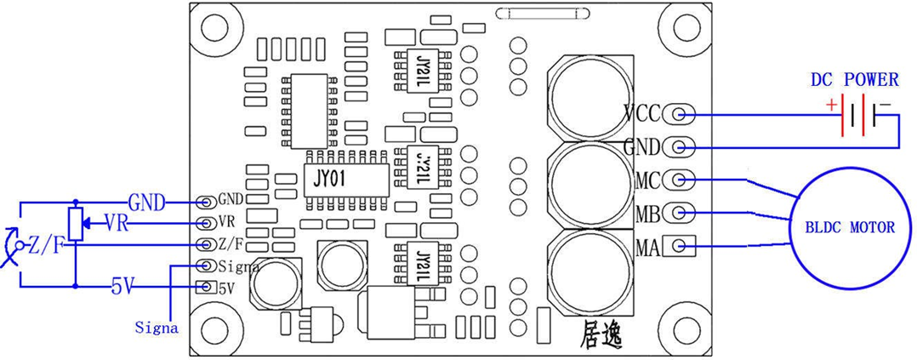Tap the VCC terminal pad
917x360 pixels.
pyautogui.click(x=679, y=114)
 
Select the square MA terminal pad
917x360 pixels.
pyautogui.click(x=679, y=246)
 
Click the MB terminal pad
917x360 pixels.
pyautogui.click(x=679, y=213)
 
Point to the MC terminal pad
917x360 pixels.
pyautogui.click(x=679, y=179)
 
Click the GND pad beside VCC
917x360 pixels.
pyautogui.click(x=679, y=146)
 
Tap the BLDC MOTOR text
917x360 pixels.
pyautogui.click(x=851, y=227)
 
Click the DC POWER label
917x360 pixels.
pyautogui.click(x=854, y=80)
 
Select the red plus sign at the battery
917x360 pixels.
pyautogui.click(x=831, y=106)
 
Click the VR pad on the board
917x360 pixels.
pyautogui.click(x=206, y=223)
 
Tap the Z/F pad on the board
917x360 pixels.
pyautogui.click(x=206, y=244)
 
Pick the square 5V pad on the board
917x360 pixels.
pyautogui.click(x=206, y=287)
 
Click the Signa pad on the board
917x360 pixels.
pyautogui.click(x=206, y=266)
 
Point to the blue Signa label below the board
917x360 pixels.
pyautogui.click(x=157, y=328)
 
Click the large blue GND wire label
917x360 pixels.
pyautogui.click(x=147, y=203)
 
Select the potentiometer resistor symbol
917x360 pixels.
pyautogui.click(x=76, y=223)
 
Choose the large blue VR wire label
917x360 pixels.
pyautogui.click(x=117, y=224)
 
